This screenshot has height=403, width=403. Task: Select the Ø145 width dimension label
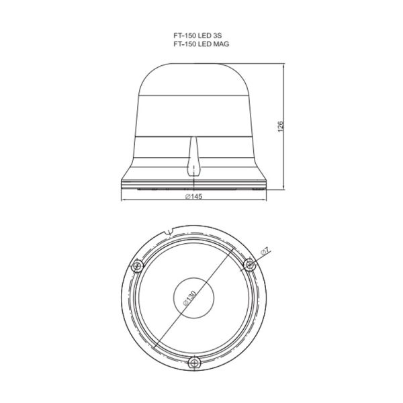pyautogui.click(x=194, y=197)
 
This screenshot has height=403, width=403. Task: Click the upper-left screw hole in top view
pyautogui.click(x=137, y=267)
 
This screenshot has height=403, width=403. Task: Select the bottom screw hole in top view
pyautogui.click(x=195, y=363)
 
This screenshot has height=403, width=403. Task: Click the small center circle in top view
pyautogui.click(x=194, y=298)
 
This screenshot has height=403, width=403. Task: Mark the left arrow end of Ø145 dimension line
pyautogui.click(x=122, y=201)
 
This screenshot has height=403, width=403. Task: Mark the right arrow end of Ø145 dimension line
pyautogui.click(x=268, y=201)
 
